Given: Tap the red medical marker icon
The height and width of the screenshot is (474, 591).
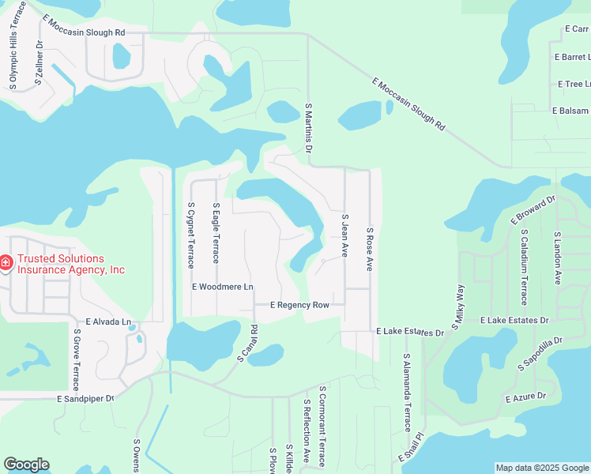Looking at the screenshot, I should [6, 261].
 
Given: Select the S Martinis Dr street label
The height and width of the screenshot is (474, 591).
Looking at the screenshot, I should [309, 128].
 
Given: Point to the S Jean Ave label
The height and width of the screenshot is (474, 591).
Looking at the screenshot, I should [344, 235].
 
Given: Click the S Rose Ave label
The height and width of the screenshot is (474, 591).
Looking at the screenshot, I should [369, 249].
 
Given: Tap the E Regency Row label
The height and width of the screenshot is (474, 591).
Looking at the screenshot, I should [299, 305].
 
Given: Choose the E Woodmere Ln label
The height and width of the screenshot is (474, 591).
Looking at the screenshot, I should [223, 286].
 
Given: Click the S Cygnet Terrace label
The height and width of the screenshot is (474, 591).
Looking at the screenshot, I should [190, 235].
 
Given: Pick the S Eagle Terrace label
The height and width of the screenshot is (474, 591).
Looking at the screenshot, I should [216, 233].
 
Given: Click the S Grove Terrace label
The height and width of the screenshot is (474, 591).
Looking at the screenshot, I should [77, 359].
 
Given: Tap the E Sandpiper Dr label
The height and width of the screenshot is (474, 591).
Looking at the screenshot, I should [85, 400].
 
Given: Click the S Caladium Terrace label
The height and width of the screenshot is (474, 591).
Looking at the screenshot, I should [523, 268].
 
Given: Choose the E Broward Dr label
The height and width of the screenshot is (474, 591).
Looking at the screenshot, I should [534, 208].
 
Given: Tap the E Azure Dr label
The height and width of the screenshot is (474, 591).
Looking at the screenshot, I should [526, 397].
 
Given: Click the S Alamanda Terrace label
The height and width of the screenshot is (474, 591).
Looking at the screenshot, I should [408, 393].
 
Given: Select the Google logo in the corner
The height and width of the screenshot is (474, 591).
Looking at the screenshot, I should [26, 465].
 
